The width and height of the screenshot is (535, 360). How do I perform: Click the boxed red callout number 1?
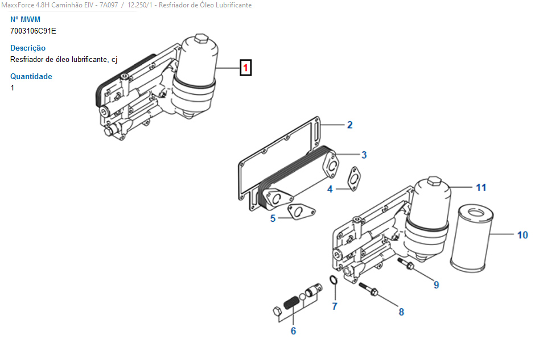click(x=245, y=68)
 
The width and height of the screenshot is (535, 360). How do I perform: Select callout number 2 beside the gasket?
click(x=349, y=125)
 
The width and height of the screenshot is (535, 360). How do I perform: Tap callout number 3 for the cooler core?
click(x=364, y=155)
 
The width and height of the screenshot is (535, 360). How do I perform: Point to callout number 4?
click(x=330, y=189)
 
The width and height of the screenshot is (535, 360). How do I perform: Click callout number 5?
click(x=273, y=218)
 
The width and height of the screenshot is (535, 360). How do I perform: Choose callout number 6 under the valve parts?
click(x=294, y=330)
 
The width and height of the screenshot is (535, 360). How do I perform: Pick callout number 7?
click(x=335, y=306)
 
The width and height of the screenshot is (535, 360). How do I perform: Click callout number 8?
click(x=401, y=312)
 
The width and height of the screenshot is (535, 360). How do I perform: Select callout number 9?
click(x=436, y=285)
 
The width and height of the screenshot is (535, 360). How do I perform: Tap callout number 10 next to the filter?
click(x=522, y=235)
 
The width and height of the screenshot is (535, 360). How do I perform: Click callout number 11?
click(x=481, y=188)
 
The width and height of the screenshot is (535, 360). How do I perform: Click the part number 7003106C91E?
click(x=33, y=31)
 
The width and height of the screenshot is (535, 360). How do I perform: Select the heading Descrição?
click(x=28, y=48)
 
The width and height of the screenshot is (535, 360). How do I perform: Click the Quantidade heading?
click(x=31, y=76)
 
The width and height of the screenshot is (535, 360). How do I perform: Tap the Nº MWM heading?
click(x=25, y=19)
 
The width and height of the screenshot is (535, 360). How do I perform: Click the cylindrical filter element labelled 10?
click(x=471, y=238)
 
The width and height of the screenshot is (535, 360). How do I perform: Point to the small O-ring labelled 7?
click(x=334, y=280)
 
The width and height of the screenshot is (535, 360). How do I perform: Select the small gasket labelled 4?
click(x=354, y=179)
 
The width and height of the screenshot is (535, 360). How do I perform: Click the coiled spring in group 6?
click(x=291, y=303)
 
